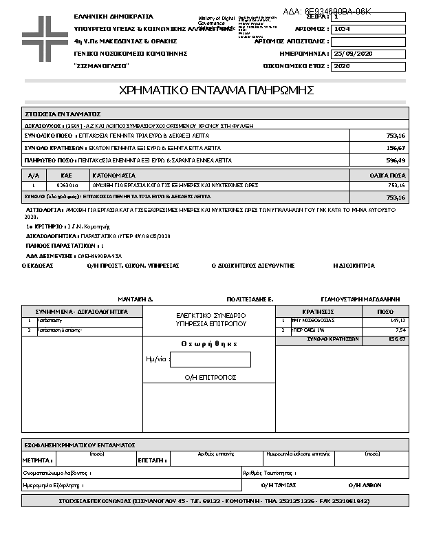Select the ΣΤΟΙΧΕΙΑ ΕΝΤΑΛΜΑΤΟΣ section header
pos(63,114)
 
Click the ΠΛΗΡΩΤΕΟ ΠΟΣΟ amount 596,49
pos(396,160)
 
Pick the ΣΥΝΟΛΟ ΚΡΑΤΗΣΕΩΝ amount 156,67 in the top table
pos(396,148)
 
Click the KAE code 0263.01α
pos(67,185)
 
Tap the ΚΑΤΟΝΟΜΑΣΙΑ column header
pos(114,176)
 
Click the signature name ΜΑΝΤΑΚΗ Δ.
pos(135,300)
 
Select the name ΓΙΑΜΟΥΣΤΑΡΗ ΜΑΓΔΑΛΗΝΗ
pos(360,300)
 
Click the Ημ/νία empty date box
pos(210,359)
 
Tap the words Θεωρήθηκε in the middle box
pos(209,343)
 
